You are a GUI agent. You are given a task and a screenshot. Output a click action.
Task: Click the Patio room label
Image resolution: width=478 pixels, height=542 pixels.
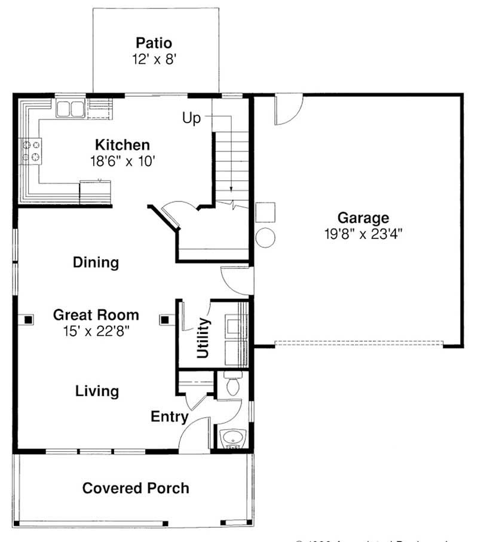tap(154, 43)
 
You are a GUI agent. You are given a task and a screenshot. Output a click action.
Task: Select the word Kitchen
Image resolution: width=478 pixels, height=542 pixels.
tap(122, 145)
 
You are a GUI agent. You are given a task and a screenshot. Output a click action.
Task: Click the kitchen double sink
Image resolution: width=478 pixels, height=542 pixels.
tap(71, 109)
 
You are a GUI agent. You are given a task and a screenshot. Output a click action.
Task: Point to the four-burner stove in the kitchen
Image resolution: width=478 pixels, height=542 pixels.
tap(32, 151)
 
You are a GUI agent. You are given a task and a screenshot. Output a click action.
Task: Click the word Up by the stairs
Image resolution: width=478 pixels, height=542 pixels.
tap(192, 118)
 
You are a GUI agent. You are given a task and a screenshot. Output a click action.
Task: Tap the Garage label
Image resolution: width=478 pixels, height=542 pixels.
tap(363, 218)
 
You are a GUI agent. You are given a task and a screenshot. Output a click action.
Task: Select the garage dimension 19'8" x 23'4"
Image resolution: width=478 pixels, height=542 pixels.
tap(363, 234)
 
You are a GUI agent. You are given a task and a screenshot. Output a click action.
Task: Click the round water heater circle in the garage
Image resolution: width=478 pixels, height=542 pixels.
tap(265, 237)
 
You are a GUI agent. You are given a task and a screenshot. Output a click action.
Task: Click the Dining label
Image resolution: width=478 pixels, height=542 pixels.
tap(96, 262)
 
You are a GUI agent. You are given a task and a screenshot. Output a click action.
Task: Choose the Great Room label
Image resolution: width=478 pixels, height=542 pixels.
tap(96, 315)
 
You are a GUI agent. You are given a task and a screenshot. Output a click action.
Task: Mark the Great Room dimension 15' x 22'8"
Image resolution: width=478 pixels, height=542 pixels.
tap(96, 330)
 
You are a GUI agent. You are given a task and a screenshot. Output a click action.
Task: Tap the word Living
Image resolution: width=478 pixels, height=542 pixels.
tap(97, 391)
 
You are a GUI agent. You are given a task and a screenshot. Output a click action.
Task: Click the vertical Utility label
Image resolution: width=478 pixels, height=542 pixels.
tap(203, 338)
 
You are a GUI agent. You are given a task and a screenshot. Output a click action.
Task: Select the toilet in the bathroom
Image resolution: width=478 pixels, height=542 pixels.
tap(232, 384)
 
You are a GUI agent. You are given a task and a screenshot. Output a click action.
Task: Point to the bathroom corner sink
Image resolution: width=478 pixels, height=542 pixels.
tap(232, 439)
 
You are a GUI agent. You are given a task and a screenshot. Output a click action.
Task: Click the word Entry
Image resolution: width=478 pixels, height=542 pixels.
tap(170, 417)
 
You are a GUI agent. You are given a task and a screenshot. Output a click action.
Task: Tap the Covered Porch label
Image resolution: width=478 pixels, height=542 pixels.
tap(136, 488)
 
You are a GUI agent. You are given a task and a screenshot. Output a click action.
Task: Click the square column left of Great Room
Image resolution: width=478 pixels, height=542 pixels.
tap(27, 320)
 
